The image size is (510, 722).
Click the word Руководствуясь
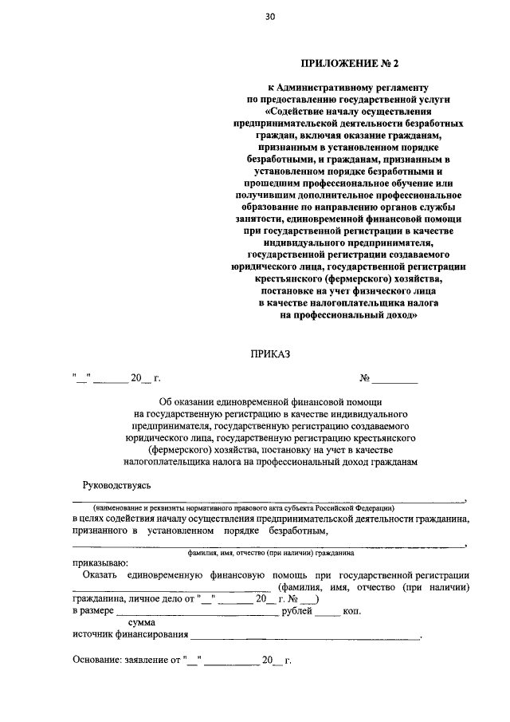click(x=117, y=485)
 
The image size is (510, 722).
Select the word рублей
click(x=298, y=612)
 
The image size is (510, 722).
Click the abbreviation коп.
click(x=351, y=612)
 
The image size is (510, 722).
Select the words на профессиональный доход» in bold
click(x=349, y=316)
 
